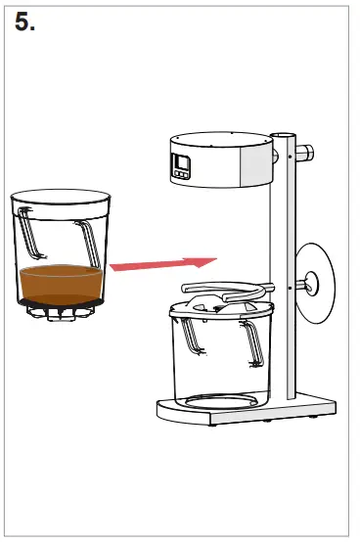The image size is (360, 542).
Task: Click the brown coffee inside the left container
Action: point(61,283)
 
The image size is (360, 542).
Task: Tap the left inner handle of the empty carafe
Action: point(189,337)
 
